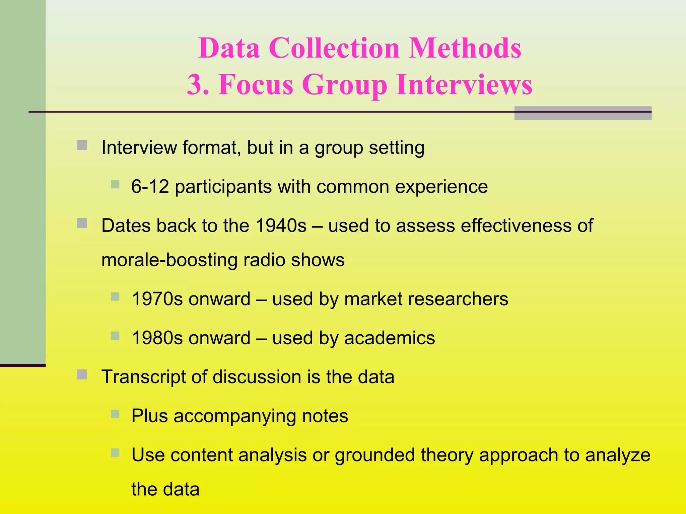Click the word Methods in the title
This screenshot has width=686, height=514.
(x=465, y=48)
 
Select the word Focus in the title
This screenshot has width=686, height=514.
(x=256, y=84)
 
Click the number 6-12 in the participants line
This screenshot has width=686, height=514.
(x=150, y=186)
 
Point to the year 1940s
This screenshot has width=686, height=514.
(x=281, y=226)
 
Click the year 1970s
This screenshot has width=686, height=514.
(x=157, y=299)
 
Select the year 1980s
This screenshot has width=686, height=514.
(x=157, y=338)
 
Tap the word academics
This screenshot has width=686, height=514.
(x=389, y=338)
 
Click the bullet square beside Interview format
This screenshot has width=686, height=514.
(x=82, y=145)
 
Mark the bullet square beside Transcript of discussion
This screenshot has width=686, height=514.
(x=82, y=375)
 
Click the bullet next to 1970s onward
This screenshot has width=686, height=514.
(x=115, y=296)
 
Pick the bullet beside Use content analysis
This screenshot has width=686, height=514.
(x=115, y=453)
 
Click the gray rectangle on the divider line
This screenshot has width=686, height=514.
(x=582, y=113)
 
